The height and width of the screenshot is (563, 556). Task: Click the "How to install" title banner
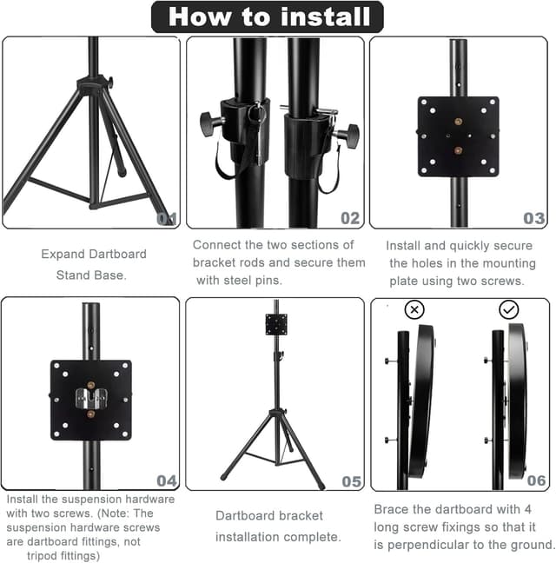268,17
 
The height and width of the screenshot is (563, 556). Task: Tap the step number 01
167,218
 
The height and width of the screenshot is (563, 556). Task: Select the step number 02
350,218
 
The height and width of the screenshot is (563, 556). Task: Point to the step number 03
534,218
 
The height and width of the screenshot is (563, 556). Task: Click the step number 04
167,480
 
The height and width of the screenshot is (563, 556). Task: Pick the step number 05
351,480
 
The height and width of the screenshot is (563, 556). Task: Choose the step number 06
536,480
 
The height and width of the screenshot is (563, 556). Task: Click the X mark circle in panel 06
415,310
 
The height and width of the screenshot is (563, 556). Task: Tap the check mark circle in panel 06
509,310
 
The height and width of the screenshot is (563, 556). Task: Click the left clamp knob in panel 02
210,123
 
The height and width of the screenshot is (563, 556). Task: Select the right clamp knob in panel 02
348,135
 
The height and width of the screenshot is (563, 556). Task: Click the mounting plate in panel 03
458,136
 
